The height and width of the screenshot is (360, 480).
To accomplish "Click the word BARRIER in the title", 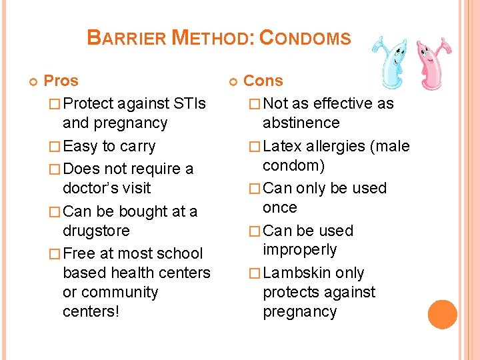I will [127, 38].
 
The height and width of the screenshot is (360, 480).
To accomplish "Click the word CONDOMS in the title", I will [305, 38].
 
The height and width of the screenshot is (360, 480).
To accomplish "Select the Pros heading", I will [61, 81].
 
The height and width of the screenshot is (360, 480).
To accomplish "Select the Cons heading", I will [263, 81].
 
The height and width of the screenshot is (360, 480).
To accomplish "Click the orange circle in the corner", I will [443, 315].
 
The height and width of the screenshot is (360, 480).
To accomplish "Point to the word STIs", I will [189, 104].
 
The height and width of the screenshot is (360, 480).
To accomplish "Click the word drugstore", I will [96, 231].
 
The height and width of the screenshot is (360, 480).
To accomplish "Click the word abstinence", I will [301, 123].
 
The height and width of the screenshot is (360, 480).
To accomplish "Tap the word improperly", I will [299, 250].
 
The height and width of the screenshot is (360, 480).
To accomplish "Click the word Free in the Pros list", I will [80, 254].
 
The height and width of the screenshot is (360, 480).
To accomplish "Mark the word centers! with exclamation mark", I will [91, 312].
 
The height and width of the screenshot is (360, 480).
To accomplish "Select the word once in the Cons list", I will [279, 208].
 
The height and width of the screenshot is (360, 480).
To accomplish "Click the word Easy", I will [81, 147].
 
